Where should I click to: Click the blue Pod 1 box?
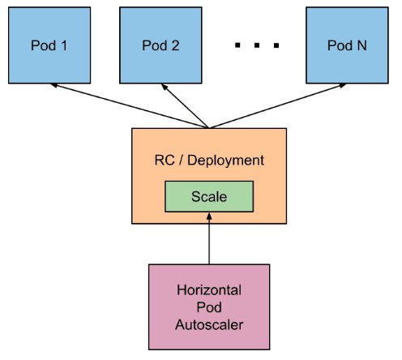pyautogui.click(x=49, y=45)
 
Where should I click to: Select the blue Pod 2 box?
pyautogui.click(x=160, y=45)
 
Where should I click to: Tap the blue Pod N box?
pyautogui.click(x=346, y=45)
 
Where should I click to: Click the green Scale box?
pyautogui.click(x=209, y=196)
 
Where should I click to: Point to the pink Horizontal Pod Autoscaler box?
pyautogui.click(x=209, y=308)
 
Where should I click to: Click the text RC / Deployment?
pyautogui.click(x=209, y=160)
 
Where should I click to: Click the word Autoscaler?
pyautogui.click(x=209, y=326)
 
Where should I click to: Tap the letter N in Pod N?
pyautogui.click(x=361, y=45)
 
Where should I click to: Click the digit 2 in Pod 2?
pyautogui.click(x=176, y=45)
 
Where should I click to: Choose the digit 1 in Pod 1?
pyautogui.click(x=63, y=45)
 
